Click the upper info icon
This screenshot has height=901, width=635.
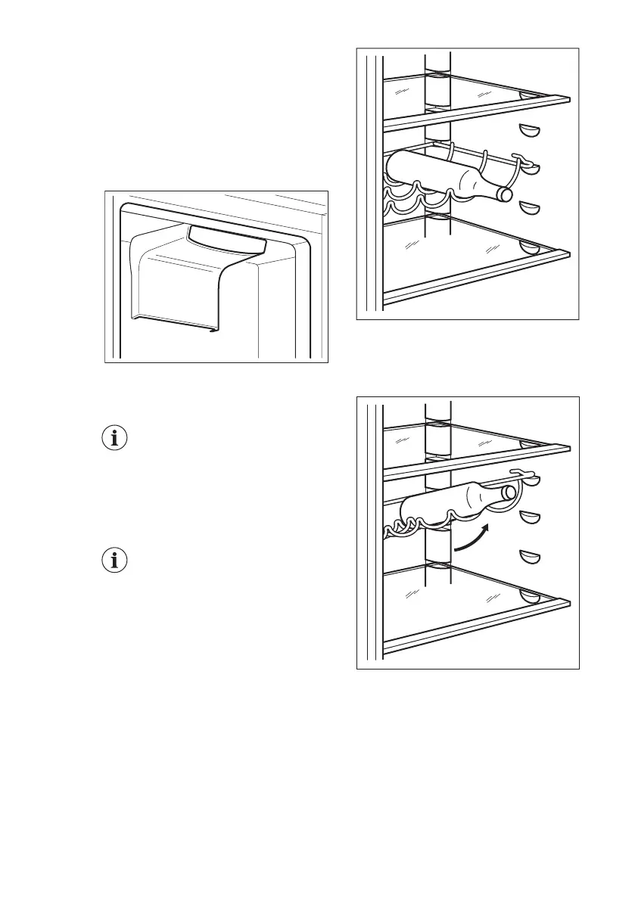tap(115, 439)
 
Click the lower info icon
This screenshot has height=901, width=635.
tap(115, 561)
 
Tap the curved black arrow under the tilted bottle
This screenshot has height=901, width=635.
tap(470, 534)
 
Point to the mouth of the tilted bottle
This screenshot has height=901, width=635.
tap(509, 492)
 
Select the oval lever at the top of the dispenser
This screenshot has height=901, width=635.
tap(228, 240)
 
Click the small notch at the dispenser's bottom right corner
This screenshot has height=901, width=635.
tap(214, 329)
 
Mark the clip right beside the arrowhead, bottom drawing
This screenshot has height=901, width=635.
tap(531, 518)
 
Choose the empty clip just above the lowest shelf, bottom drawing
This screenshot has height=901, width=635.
tap(531, 558)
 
